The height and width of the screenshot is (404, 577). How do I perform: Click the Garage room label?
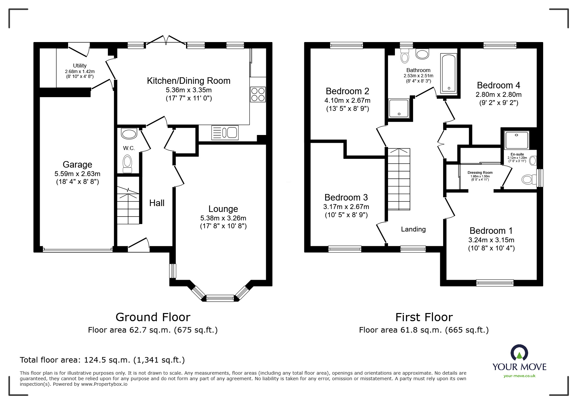(77, 165)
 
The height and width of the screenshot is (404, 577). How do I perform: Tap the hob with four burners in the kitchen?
(258, 94)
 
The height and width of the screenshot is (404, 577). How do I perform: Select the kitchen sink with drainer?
(225, 133)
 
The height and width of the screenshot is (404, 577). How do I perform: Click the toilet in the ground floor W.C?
(127, 163)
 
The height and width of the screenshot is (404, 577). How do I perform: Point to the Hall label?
(157, 203)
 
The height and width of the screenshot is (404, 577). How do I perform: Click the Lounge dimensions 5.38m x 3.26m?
(223, 218)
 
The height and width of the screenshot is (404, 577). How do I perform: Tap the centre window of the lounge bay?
(220, 298)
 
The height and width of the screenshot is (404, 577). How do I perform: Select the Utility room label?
(80, 66)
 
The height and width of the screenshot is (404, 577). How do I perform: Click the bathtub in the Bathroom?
(449, 73)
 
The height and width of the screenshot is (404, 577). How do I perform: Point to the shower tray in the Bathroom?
(398, 108)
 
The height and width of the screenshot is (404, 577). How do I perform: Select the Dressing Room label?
(480, 173)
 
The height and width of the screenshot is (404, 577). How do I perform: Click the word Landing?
(413, 229)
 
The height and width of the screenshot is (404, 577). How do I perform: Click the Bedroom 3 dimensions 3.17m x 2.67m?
(346, 207)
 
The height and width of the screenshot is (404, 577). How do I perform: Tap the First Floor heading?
(424, 317)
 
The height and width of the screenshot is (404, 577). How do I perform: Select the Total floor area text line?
(102, 360)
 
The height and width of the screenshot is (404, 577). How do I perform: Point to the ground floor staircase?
(128, 204)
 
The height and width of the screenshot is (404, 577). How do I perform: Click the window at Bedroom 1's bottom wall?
(495, 283)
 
